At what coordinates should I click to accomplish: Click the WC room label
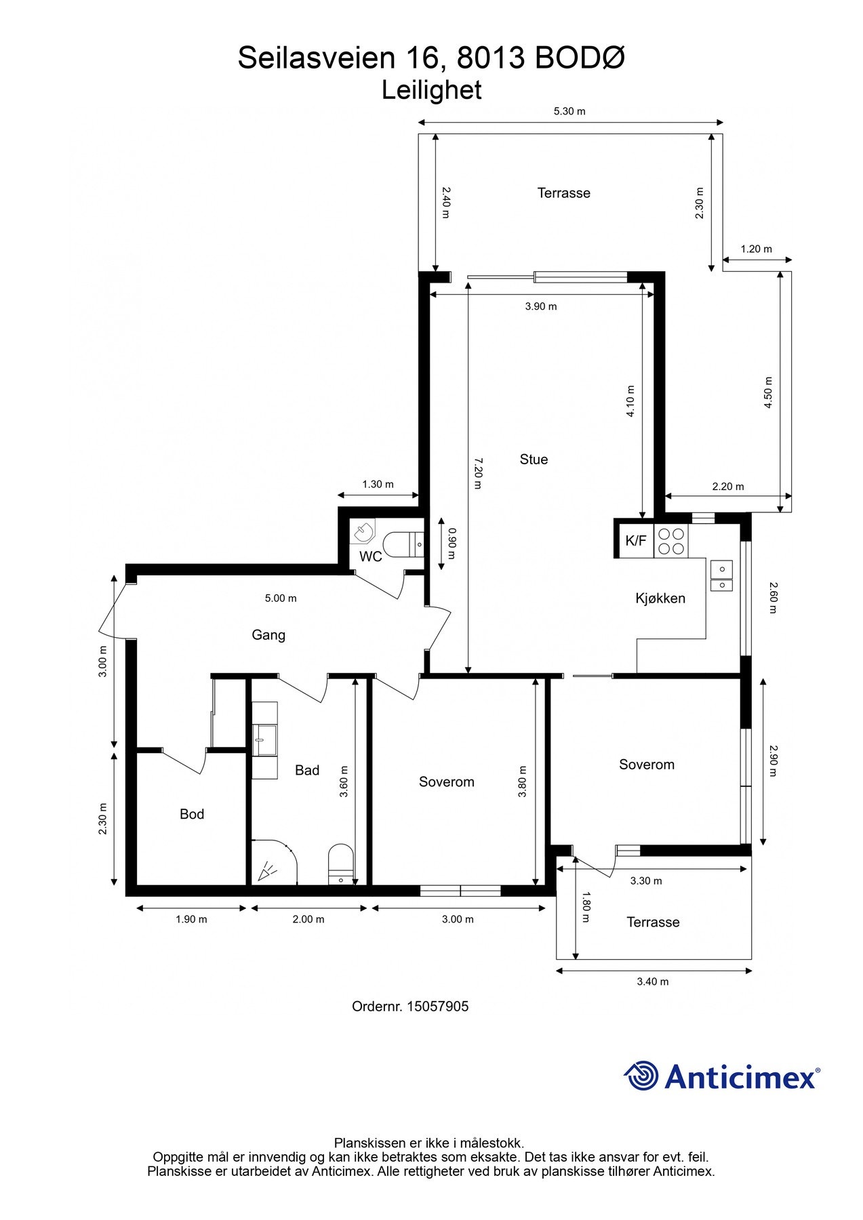tap(371, 556)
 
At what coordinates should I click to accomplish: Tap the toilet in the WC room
tap(403, 544)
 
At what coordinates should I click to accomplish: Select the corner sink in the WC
tap(363, 531)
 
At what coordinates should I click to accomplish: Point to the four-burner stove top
tap(670, 541)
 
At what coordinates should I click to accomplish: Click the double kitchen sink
tap(721, 575)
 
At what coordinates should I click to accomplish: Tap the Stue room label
tap(534, 460)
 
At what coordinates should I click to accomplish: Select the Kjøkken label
tap(660, 598)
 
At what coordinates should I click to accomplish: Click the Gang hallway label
tap(268, 635)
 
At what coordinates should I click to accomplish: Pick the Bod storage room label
tap(192, 814)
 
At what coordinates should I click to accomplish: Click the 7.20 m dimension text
tap(477, 473)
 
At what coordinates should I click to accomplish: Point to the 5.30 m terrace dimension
tap(569, 111)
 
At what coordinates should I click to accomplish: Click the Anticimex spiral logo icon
tap(641, 1076)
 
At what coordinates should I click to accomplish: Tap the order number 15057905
tap(437, 1006)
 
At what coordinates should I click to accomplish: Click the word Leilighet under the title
tap(432, 90)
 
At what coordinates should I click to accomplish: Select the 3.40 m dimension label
tap(653, 981)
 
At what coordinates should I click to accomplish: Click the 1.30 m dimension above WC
tap(378, 484)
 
